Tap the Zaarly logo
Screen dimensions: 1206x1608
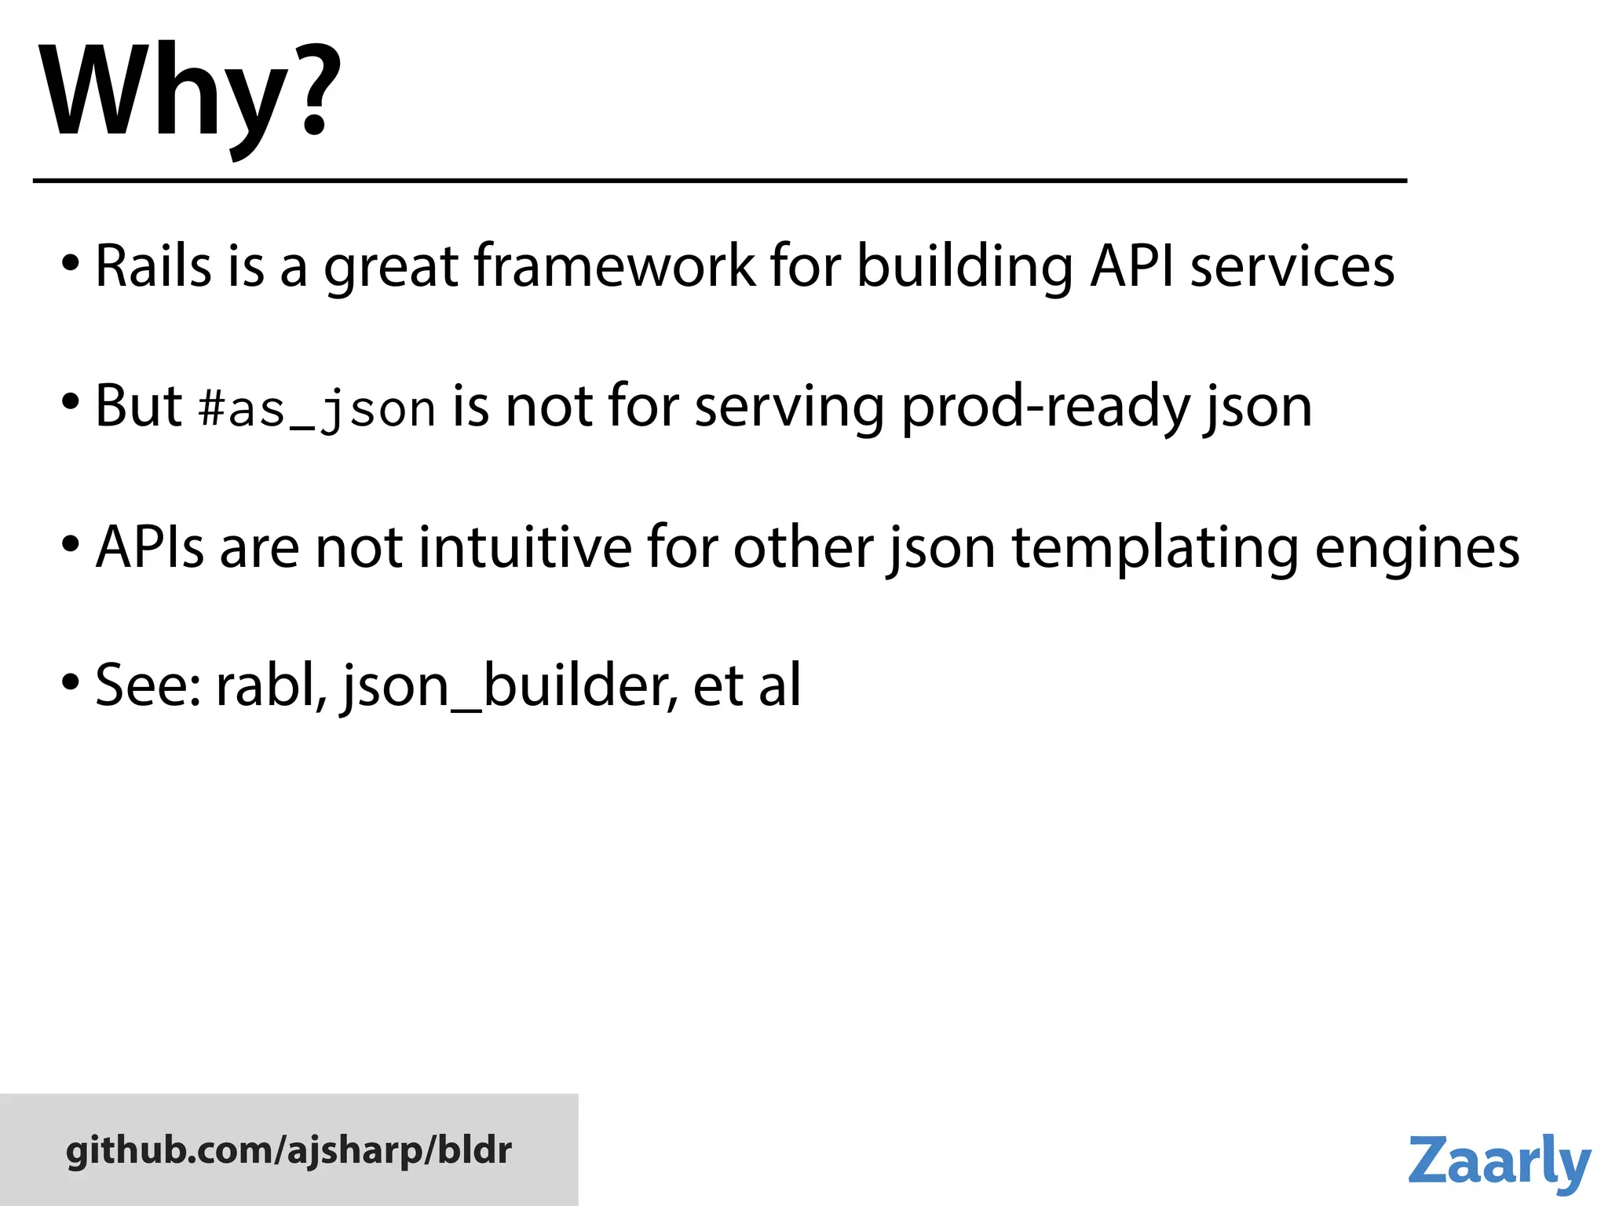click(x=1499, y=1161)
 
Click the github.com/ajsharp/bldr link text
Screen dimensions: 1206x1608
click(x=289, y=1150)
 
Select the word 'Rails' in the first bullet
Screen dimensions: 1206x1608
click(x=153, y=266)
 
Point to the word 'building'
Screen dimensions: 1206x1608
click(x=964, y=266)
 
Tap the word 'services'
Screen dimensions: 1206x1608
click(x=1292, y=266)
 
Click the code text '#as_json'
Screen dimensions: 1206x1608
click(x=317, y=409)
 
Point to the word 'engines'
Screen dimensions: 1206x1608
click(x=1417, y=548)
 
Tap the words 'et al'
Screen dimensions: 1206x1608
click(x=747, y=685)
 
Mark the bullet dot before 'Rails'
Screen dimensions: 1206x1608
click(x=71, y=262)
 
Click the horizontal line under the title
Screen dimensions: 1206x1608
click(x=719, y=181)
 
